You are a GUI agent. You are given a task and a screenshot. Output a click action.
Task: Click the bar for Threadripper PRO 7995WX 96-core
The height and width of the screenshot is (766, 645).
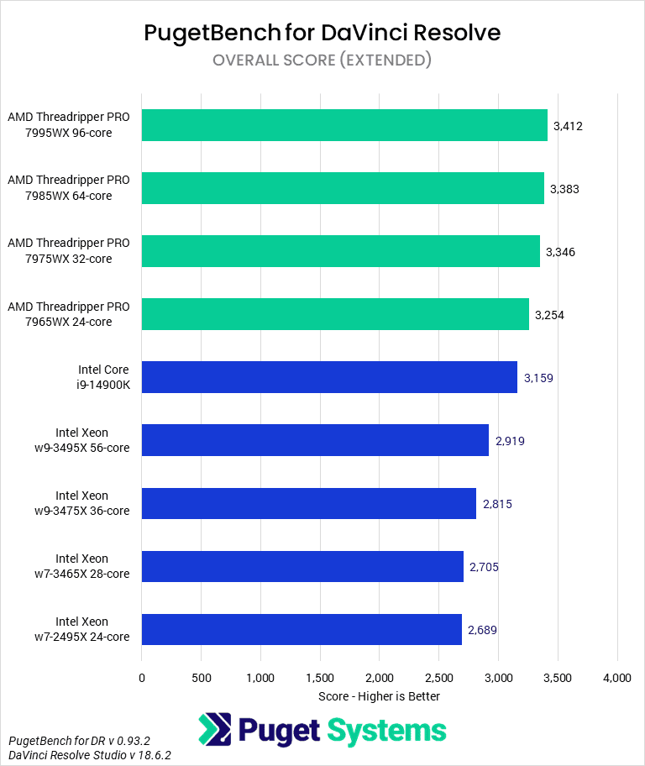[344, 125]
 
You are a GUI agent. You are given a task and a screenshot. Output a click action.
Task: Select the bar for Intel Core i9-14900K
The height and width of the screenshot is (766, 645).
[329, 377]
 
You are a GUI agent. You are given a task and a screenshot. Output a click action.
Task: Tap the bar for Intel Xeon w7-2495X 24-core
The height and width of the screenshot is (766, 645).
[302, 629]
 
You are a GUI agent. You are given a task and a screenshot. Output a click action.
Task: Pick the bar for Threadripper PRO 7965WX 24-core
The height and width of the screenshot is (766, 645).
[335, 314]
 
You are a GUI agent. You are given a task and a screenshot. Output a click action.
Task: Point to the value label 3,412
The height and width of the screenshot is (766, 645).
[568, 126]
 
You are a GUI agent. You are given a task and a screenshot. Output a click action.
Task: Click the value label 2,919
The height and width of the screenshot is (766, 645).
[510, 441]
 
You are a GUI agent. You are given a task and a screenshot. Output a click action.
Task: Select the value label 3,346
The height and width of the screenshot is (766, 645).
[560, 252]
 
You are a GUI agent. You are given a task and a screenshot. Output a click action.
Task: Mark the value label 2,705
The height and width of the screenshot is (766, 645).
[484, 567]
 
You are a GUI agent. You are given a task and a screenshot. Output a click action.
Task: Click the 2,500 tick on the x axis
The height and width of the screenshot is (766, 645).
[438, 677]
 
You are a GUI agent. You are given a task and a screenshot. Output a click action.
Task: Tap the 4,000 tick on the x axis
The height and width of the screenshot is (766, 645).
[617, 677]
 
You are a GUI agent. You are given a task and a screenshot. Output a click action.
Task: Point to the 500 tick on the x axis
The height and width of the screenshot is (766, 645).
[201, 677]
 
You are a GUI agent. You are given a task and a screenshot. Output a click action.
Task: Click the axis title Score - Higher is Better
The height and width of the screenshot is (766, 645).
[379, 695]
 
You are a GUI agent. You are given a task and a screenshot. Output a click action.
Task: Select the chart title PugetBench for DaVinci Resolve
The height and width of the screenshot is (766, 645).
[322, 32]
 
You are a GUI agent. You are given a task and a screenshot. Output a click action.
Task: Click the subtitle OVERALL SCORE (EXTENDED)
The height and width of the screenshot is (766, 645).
[322, 60]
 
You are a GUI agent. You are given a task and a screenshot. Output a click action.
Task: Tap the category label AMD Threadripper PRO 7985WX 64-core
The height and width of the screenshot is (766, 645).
[69, 188]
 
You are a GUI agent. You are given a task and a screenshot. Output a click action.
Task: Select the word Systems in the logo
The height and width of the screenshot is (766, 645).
[386, 730]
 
